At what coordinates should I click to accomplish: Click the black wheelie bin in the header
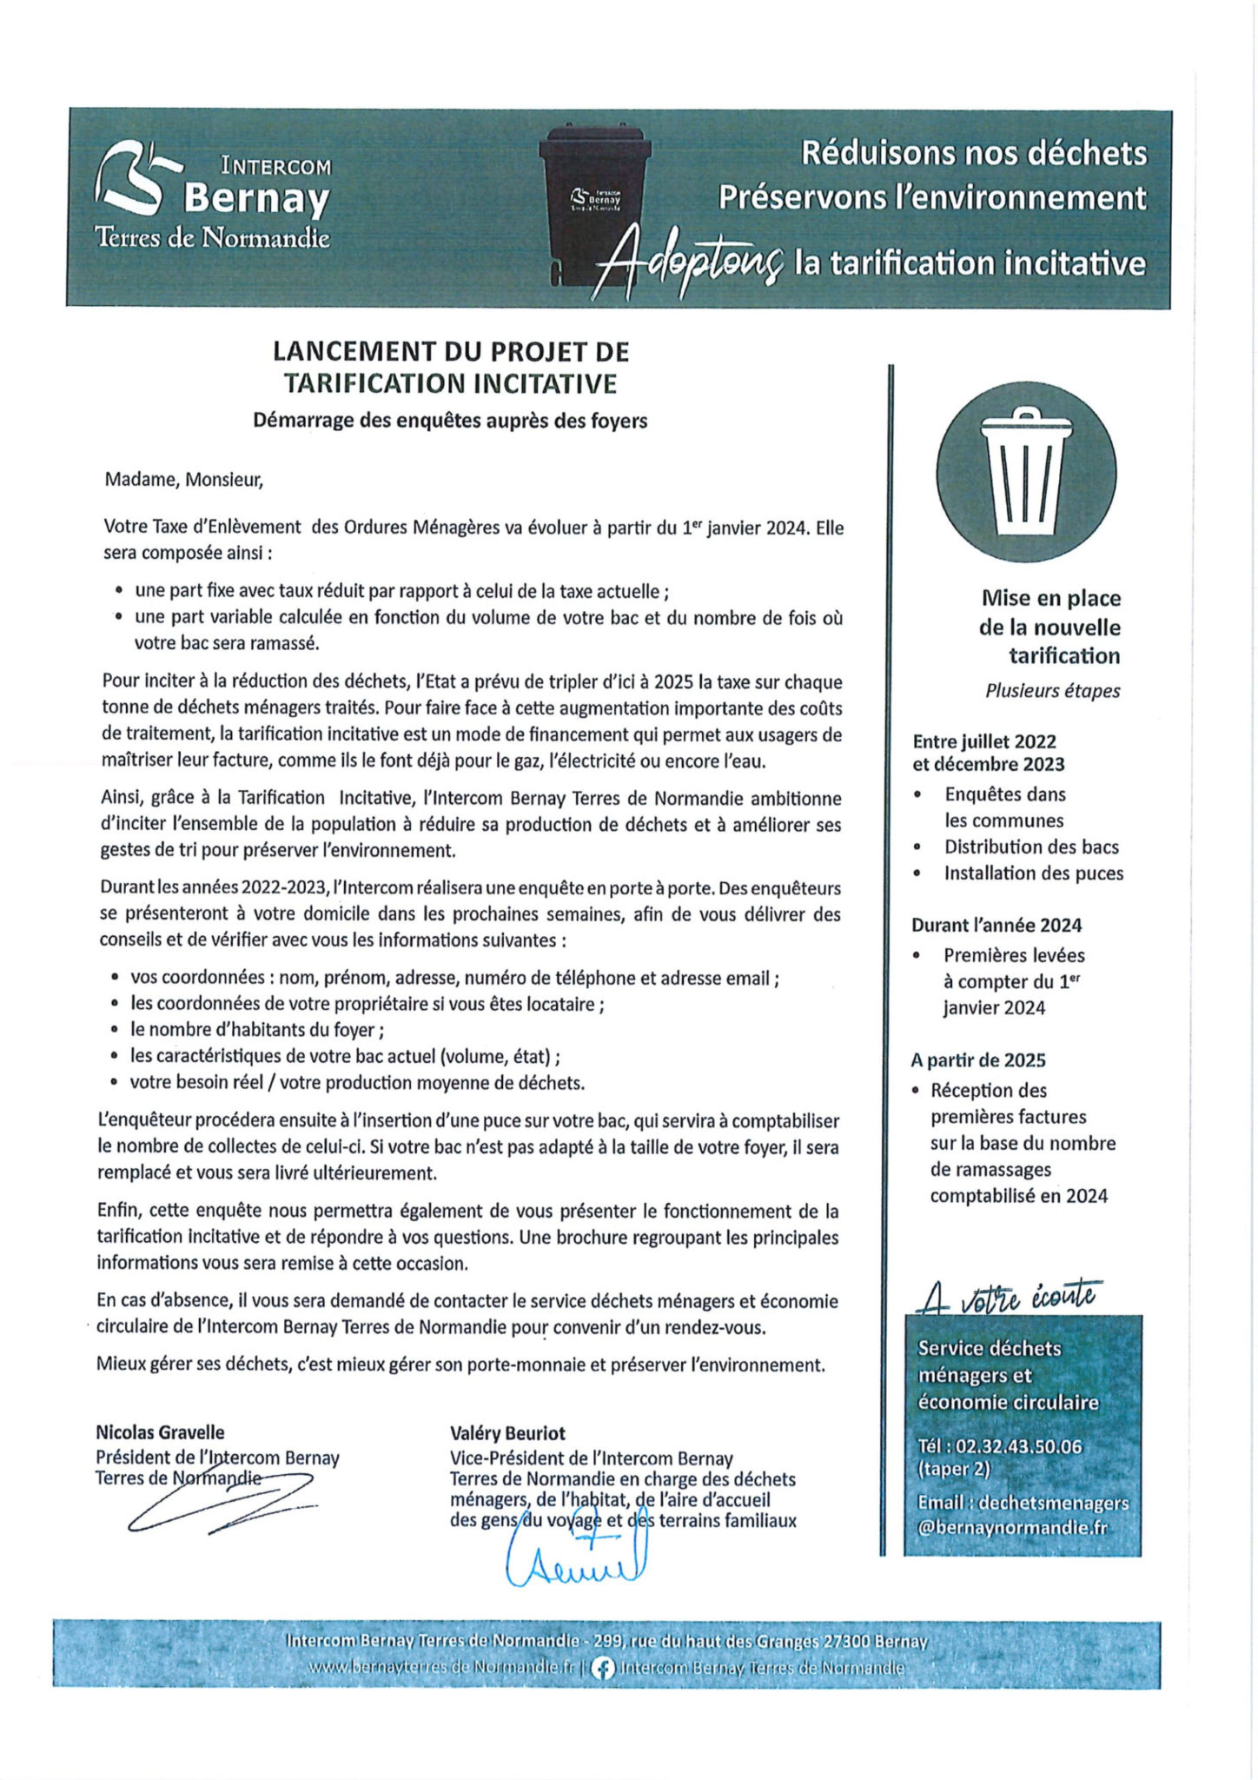pyautogui.click(x=594, y=202)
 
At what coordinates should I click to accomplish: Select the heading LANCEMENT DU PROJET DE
pyautogui.click(x=451, y=351)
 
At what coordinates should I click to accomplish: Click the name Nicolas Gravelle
pyautogui.click(x=160, y=1432)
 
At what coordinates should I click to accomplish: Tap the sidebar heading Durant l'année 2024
pyautogui.click(x=996, y=925)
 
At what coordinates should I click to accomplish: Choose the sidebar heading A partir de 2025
pyautogui.click(x=978, y=1060)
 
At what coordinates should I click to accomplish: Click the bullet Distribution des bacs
pyautogui.click(x=1031, y=847)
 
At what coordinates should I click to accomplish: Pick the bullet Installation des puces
pyautogui.click(x=1034, y=873)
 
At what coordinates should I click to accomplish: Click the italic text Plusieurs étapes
pyautogui.click(x=1052, y=691)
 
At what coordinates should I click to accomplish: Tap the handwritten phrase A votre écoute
pyautogui.click(x=1009, y=1297)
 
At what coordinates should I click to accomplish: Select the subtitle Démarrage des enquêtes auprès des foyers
pyautogui.click(x=450, y=421)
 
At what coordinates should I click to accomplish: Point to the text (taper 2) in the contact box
pyautogui.click(x=954, y=1469)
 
